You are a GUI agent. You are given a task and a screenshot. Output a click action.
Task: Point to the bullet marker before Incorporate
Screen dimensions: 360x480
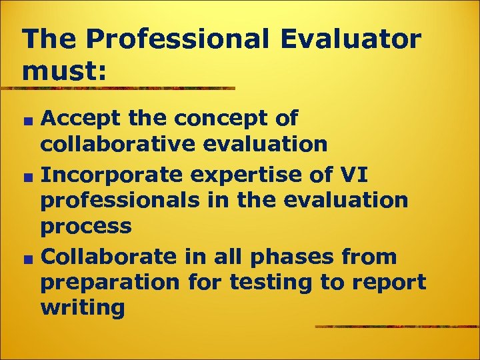(28, 177)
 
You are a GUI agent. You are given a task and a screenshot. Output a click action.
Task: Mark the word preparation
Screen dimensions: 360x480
(110, 283)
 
